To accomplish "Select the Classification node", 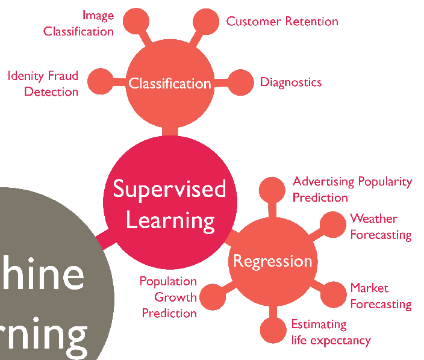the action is coord(170,83).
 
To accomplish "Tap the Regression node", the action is coord(273,261).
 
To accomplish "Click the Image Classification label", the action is coord(79,23).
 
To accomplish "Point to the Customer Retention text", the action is coord(282,22).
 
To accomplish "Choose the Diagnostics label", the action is coord(291,82).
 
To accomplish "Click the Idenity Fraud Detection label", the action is coord(43,84).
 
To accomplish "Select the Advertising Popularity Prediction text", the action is coord(352,189).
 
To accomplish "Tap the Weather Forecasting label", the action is coord(381,226).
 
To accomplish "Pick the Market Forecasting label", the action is coord(381,296).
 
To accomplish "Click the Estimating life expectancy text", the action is coord(331,332).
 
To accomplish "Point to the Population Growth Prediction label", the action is coord(169,297).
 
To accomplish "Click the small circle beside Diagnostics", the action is coord(242,82).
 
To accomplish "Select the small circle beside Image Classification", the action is coord(136,22).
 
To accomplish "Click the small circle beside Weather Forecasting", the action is coord(332,225).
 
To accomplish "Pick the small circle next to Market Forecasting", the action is coord(332,295).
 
